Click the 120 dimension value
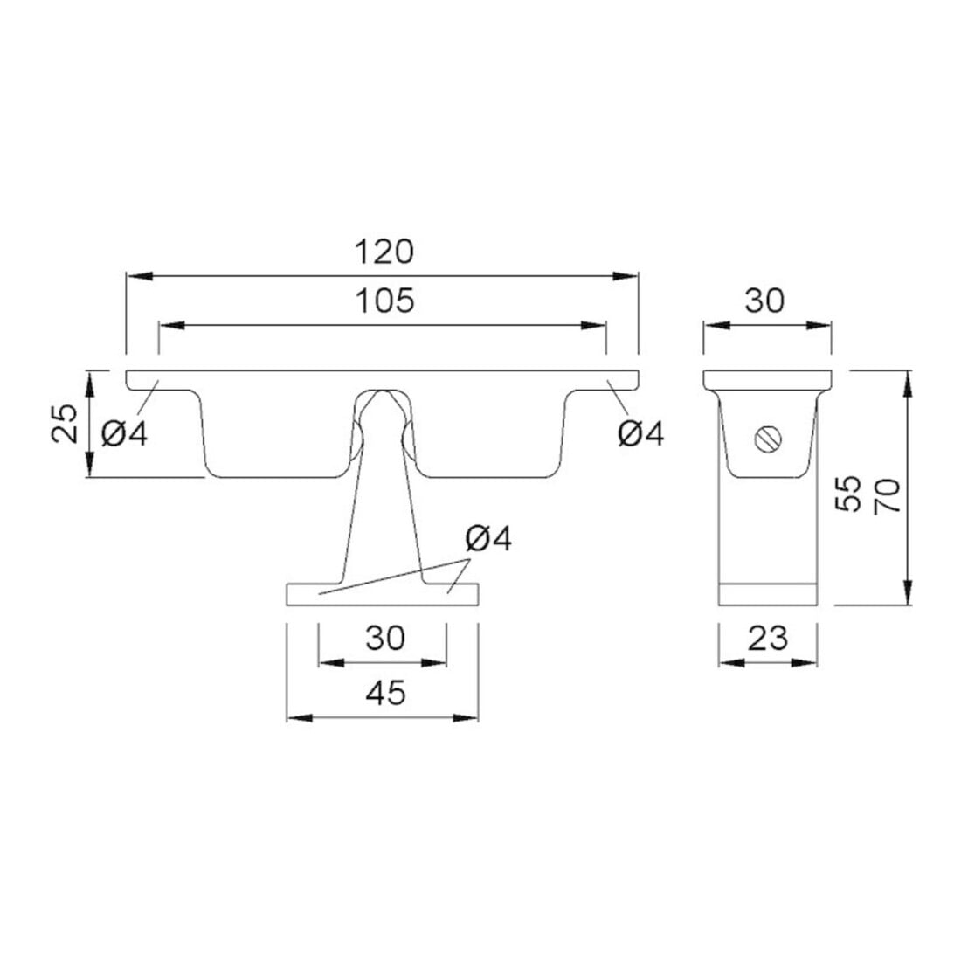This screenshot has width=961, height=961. click(384, 252)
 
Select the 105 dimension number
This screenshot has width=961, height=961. click(385, 301)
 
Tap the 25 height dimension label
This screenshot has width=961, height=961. click(65, 423)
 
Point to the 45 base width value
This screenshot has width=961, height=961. click(385, 693)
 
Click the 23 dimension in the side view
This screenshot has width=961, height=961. click(767, 639)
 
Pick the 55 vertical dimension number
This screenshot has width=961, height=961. click(849, 494)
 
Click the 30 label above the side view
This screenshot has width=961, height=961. click(764, 301)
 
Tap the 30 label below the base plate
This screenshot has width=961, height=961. click(385, 638)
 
